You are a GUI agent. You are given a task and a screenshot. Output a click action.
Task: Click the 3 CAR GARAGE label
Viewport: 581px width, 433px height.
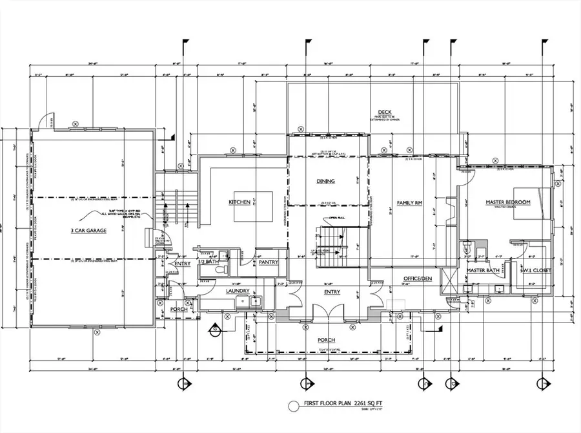pyautogui.click(x=88, y=230)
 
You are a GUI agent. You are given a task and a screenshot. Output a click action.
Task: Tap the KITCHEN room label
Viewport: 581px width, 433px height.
pyautogui.click(x=239, y=202)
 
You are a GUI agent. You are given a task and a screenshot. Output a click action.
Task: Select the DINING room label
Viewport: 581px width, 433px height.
pyautogui.click(x=325, y=182)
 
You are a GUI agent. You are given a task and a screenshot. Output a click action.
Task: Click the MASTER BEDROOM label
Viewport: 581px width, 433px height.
pyautogui.click(x=508, y=202)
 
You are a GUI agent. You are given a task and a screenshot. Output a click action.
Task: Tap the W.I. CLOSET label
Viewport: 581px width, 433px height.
pyautogui.click(x=536, y=270)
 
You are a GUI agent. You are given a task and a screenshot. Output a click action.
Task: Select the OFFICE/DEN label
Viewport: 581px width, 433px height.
pyautogui.click(x=416, y=279)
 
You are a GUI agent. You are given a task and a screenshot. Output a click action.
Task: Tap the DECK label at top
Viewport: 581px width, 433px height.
pyautogui.click(x=385, y=112)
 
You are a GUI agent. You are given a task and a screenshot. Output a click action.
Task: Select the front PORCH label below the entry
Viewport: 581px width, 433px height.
pyautogui.click(x=325, y=339)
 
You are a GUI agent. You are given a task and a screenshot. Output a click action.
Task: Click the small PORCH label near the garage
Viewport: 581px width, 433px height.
pyautogui.click(x=178, y=309)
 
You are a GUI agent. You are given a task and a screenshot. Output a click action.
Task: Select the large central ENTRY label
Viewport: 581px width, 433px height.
pyautogui.click(x=332, y=292)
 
